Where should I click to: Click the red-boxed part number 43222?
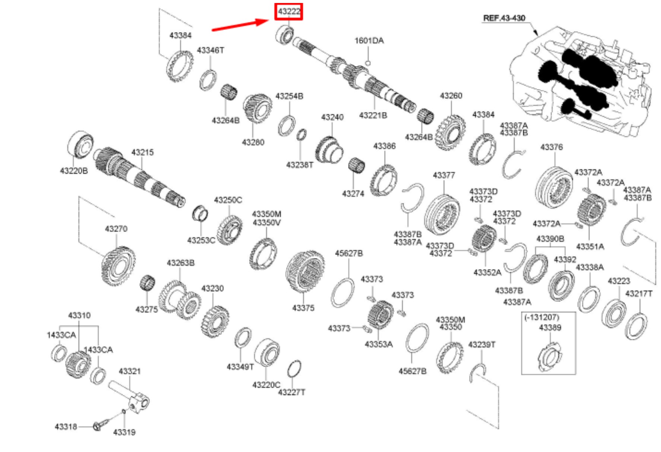[x=289, y=12]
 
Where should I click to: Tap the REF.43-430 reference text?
[x=504, y=18]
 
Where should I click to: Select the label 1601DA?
[x=369, y=40]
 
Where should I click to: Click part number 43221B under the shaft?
[x=373, y=115]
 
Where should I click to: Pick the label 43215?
[x=142, y=152]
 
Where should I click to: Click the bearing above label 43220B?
[x=81, y=144]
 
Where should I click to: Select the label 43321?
[x=129, y=371]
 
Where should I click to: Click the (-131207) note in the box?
[x=542, y=317]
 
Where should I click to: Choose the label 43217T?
[x=639, y=294]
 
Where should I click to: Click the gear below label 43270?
[x=118, y=266]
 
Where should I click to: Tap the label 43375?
[x=303, y=308]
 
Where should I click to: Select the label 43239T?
[x=482, y=344]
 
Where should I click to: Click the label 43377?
[x=444, y=175]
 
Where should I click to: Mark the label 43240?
[x=332, y=117]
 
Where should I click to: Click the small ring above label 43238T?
[x=302, y=135]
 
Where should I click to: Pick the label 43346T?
[x=210, y=50]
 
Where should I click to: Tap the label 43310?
[x=79, y=315]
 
